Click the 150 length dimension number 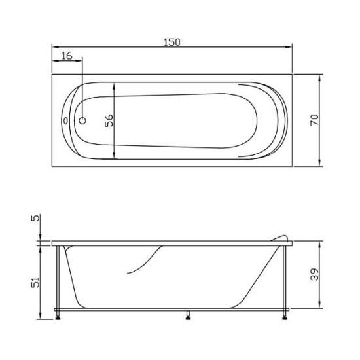(x=171, y=41)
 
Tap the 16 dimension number (x=67, y=56)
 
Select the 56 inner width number (x=109, y=120)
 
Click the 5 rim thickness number (x=36, y=221)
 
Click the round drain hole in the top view (x=83, y=120)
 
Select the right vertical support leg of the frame (x=286, y=278)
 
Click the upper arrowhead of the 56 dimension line (x=115, y=86)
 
